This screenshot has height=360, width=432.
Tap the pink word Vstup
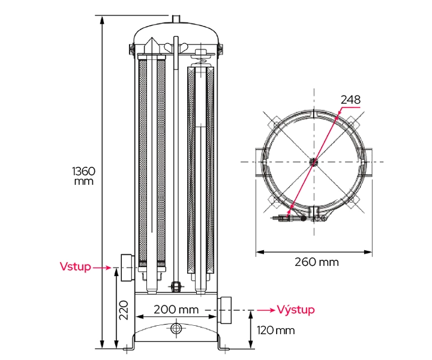(75, 266)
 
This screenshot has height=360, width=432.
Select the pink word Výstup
(295, 310)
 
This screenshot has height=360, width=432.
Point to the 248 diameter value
(350, 100)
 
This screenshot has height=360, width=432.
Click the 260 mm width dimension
(316, 262)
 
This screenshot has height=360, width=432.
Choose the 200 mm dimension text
(175, 310)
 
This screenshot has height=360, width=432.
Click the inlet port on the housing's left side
(126, 268)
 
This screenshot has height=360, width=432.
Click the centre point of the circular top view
(313, 161)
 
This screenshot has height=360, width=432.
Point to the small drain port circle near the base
(176, 328)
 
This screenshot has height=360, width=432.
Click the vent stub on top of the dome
(176, 20)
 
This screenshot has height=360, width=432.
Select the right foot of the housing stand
(223, 349)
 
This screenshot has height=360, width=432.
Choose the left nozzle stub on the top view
(260, 161)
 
